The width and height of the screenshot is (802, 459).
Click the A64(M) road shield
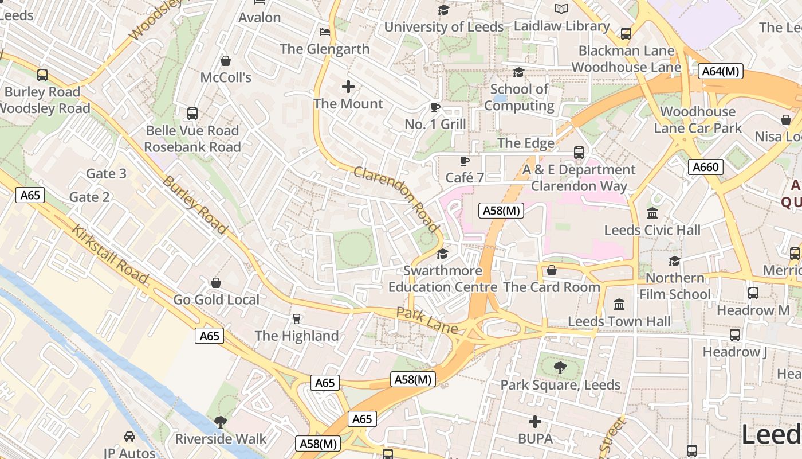(721, 71)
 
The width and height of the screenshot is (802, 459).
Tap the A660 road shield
(705, 167)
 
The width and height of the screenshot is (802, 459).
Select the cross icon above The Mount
(348, 87)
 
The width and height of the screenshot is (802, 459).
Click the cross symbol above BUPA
(535, 422)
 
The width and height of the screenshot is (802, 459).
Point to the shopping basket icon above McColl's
(226, 60)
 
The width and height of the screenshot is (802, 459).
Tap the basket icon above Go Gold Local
(216, 283)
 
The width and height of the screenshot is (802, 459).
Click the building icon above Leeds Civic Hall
(652, 213)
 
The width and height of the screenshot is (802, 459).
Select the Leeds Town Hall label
(619, 321)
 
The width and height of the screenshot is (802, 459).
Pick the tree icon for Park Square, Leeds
(560, 368)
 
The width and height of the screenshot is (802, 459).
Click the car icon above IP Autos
(129, 437)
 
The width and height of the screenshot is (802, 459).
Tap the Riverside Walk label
(221, 439)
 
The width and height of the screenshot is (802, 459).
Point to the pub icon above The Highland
(296, 319)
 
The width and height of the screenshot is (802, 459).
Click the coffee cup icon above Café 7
(464, 161)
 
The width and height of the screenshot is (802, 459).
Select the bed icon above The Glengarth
(325, 32)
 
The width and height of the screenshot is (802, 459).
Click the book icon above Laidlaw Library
(561, 9)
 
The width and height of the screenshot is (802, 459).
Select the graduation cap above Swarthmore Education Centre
(442, 254)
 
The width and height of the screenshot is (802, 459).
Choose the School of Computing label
(519, 98)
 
